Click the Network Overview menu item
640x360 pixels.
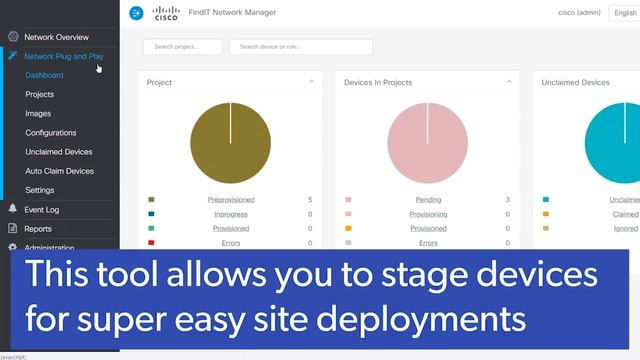click(x=56, y=37)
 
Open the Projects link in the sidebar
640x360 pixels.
click(x=40, y=94)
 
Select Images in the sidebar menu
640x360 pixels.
click(x=38, y=114)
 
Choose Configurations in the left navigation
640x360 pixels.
click(x=51, y=133)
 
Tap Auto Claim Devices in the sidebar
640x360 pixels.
click(x=60, y=171)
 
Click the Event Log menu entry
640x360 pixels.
click(x=42, y=210)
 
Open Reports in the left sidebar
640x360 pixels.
click(x=38, y=229)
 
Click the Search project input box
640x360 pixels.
click(x=183, y=47)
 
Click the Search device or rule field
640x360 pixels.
click(x=300, y=47)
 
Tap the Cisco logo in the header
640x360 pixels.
click(x=166, y=13)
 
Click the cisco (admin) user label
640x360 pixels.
click(x=580, y=13)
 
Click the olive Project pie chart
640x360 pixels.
click(x=230, y=143)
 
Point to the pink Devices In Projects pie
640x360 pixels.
click(x=427, y=143)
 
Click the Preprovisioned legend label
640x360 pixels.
click(x=230, y=200)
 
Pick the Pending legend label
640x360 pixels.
click(x=428, y=200)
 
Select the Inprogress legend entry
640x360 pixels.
click(x=230, y=214)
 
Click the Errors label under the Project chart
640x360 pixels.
click(x=230, y=243)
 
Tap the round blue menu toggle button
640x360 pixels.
click(x=137, y=13)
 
